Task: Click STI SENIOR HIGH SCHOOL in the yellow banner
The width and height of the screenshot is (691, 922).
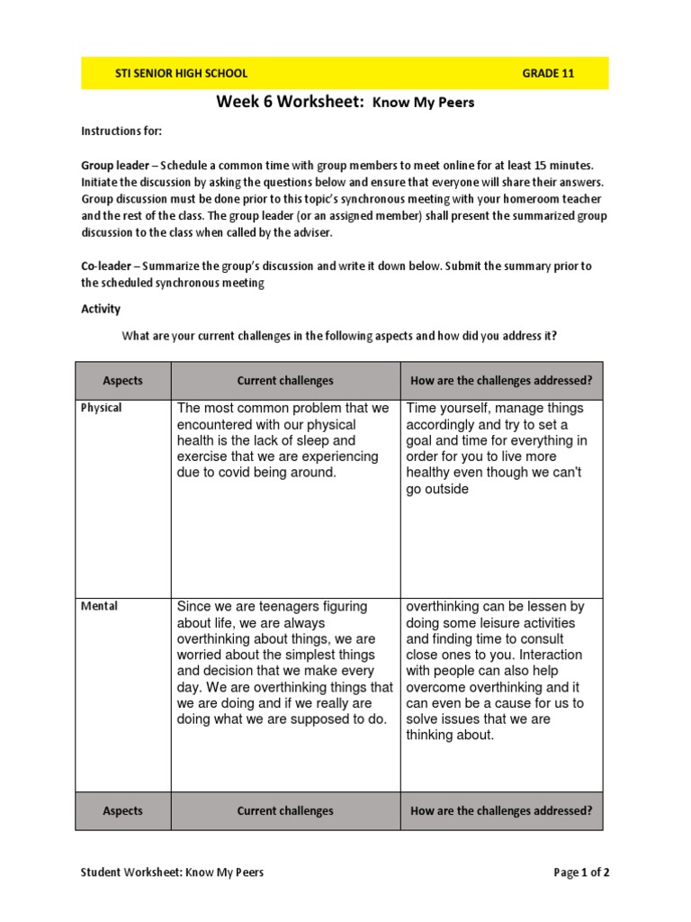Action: click(x=181, y=74)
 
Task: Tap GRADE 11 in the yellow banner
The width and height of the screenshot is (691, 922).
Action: click(x=548, y=74)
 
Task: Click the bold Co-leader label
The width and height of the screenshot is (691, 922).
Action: click(x=107, y=267)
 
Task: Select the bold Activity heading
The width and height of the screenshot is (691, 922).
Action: click(x=101, y=309)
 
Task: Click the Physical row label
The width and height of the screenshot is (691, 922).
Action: click(x=102, y=408)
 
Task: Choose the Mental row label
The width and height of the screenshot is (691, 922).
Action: click(x=99, y=606)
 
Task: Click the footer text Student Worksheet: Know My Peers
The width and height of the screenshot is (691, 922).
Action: click(x=172, y=872)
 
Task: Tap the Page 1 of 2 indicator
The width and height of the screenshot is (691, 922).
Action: click(x=581, y=872)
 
